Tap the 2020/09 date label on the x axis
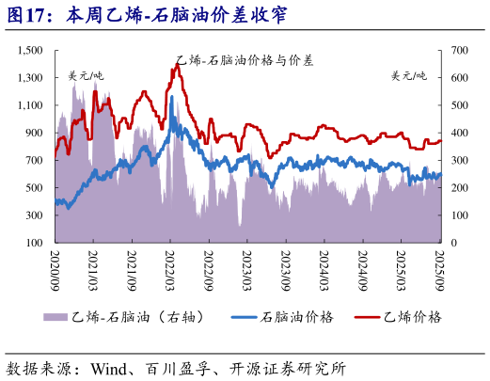55,268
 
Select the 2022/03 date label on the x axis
170,268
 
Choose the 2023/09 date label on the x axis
287,268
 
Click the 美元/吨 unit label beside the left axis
86,75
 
